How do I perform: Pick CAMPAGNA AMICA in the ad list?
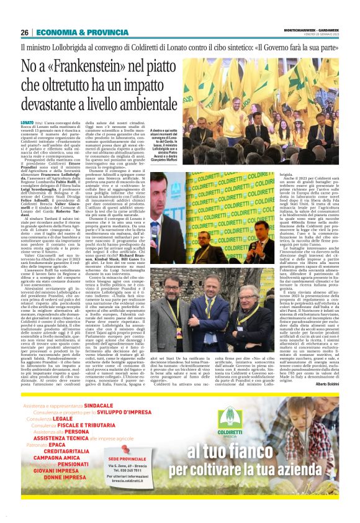tap(60, 474)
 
